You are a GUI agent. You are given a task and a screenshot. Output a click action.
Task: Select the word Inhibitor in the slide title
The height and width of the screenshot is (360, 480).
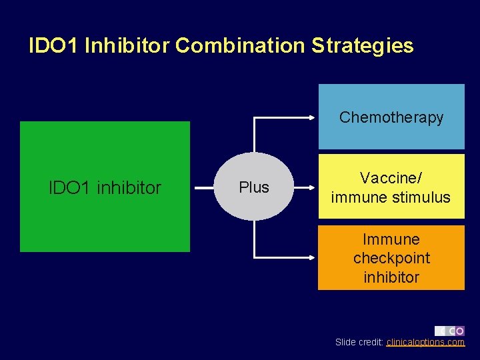(127, 45)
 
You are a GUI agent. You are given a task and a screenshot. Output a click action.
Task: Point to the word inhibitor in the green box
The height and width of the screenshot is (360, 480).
(129, 188)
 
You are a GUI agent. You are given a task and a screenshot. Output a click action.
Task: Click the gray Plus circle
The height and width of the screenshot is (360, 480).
(254, 187)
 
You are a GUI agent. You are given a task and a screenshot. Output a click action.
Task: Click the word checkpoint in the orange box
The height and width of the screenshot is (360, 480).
(391, 258)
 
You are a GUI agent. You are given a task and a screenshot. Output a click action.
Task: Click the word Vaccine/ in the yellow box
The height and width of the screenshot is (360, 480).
(391, 178)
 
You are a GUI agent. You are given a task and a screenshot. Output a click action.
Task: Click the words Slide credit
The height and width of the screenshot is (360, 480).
(359, 342)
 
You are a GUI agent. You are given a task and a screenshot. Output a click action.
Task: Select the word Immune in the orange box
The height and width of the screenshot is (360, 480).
(391, 239)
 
